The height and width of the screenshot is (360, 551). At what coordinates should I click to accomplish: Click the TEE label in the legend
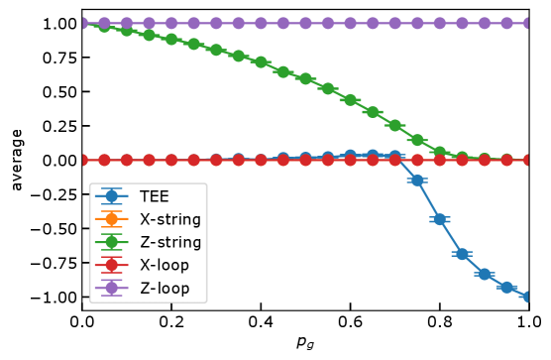154,196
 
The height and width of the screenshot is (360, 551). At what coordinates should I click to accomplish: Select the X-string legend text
169,219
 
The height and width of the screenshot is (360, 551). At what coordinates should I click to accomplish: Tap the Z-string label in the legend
169,242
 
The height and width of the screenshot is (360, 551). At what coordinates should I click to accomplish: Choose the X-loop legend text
164,265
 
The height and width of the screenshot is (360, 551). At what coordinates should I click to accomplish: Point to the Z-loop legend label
164,289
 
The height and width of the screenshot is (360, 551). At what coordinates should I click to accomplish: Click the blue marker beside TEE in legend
111,196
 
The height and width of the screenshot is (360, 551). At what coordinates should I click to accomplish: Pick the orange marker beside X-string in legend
111,219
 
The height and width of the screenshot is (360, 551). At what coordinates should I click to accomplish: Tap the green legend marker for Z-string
111,242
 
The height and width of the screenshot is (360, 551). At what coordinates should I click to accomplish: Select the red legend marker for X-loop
111,265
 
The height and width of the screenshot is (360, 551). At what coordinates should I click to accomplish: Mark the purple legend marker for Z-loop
111,289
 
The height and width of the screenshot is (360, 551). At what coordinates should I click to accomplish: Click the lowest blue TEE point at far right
528,297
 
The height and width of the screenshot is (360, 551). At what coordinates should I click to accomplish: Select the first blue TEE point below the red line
417,180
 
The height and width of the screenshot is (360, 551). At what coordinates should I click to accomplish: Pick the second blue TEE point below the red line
439,219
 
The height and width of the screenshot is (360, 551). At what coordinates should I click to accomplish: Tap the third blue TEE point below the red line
462,254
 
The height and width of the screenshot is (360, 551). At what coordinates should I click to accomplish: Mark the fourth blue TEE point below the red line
484,274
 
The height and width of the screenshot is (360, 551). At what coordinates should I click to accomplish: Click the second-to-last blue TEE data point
506,287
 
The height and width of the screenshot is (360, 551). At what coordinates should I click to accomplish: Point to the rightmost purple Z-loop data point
528,22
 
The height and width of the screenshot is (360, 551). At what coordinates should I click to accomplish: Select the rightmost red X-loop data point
528,160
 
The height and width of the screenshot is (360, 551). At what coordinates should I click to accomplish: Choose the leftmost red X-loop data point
83,160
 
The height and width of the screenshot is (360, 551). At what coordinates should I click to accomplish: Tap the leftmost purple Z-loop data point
83,22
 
